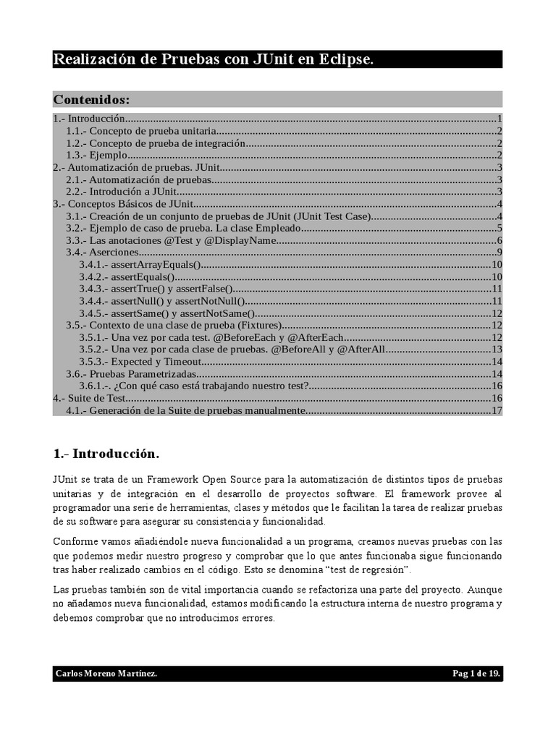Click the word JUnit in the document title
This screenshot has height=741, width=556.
pos(273,59)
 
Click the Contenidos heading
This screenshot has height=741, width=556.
pos(91,99)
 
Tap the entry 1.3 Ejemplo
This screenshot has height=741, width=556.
pos(97,155)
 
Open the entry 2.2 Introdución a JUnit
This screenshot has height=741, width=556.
pos(122,192)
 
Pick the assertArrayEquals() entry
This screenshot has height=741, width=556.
pos(140,265)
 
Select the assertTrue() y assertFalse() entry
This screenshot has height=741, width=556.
pos(156,289)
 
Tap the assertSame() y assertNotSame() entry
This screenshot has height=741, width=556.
pos(167,313)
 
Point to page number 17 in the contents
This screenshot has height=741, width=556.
pos(497,411)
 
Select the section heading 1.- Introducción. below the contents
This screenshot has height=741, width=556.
pos(106,454)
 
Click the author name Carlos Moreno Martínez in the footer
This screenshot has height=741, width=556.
pos(106,674)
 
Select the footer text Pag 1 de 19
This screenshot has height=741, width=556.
pos(476,674)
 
